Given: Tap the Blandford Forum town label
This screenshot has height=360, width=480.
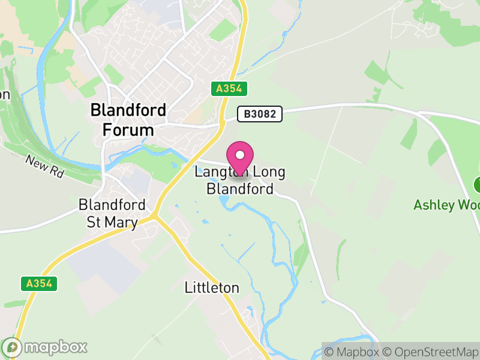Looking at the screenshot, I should click(x=128, y=119).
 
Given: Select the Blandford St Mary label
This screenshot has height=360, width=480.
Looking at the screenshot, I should click(x=112, y=213).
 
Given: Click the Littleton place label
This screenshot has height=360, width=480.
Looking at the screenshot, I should click(x=211, y=288).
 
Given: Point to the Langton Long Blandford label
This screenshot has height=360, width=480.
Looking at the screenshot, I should click(x=240, y=180).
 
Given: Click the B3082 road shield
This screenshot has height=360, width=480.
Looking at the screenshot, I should click(x=259, y=114).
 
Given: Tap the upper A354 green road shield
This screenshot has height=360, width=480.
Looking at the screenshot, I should click(x=229, y=89).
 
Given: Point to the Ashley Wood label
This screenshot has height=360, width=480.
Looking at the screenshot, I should click(x=446, y=205).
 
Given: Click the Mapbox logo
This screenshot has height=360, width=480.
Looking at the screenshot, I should click(x=46, y=347).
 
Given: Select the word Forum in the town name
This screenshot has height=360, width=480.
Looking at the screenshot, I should click(x=128, y=130).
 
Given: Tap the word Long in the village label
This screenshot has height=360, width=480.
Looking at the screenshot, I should click(x=268, y=172).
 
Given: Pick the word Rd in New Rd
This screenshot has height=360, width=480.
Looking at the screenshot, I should click(x=56, y=172).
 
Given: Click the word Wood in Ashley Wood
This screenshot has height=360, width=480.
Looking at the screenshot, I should click(x=468, y=205).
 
